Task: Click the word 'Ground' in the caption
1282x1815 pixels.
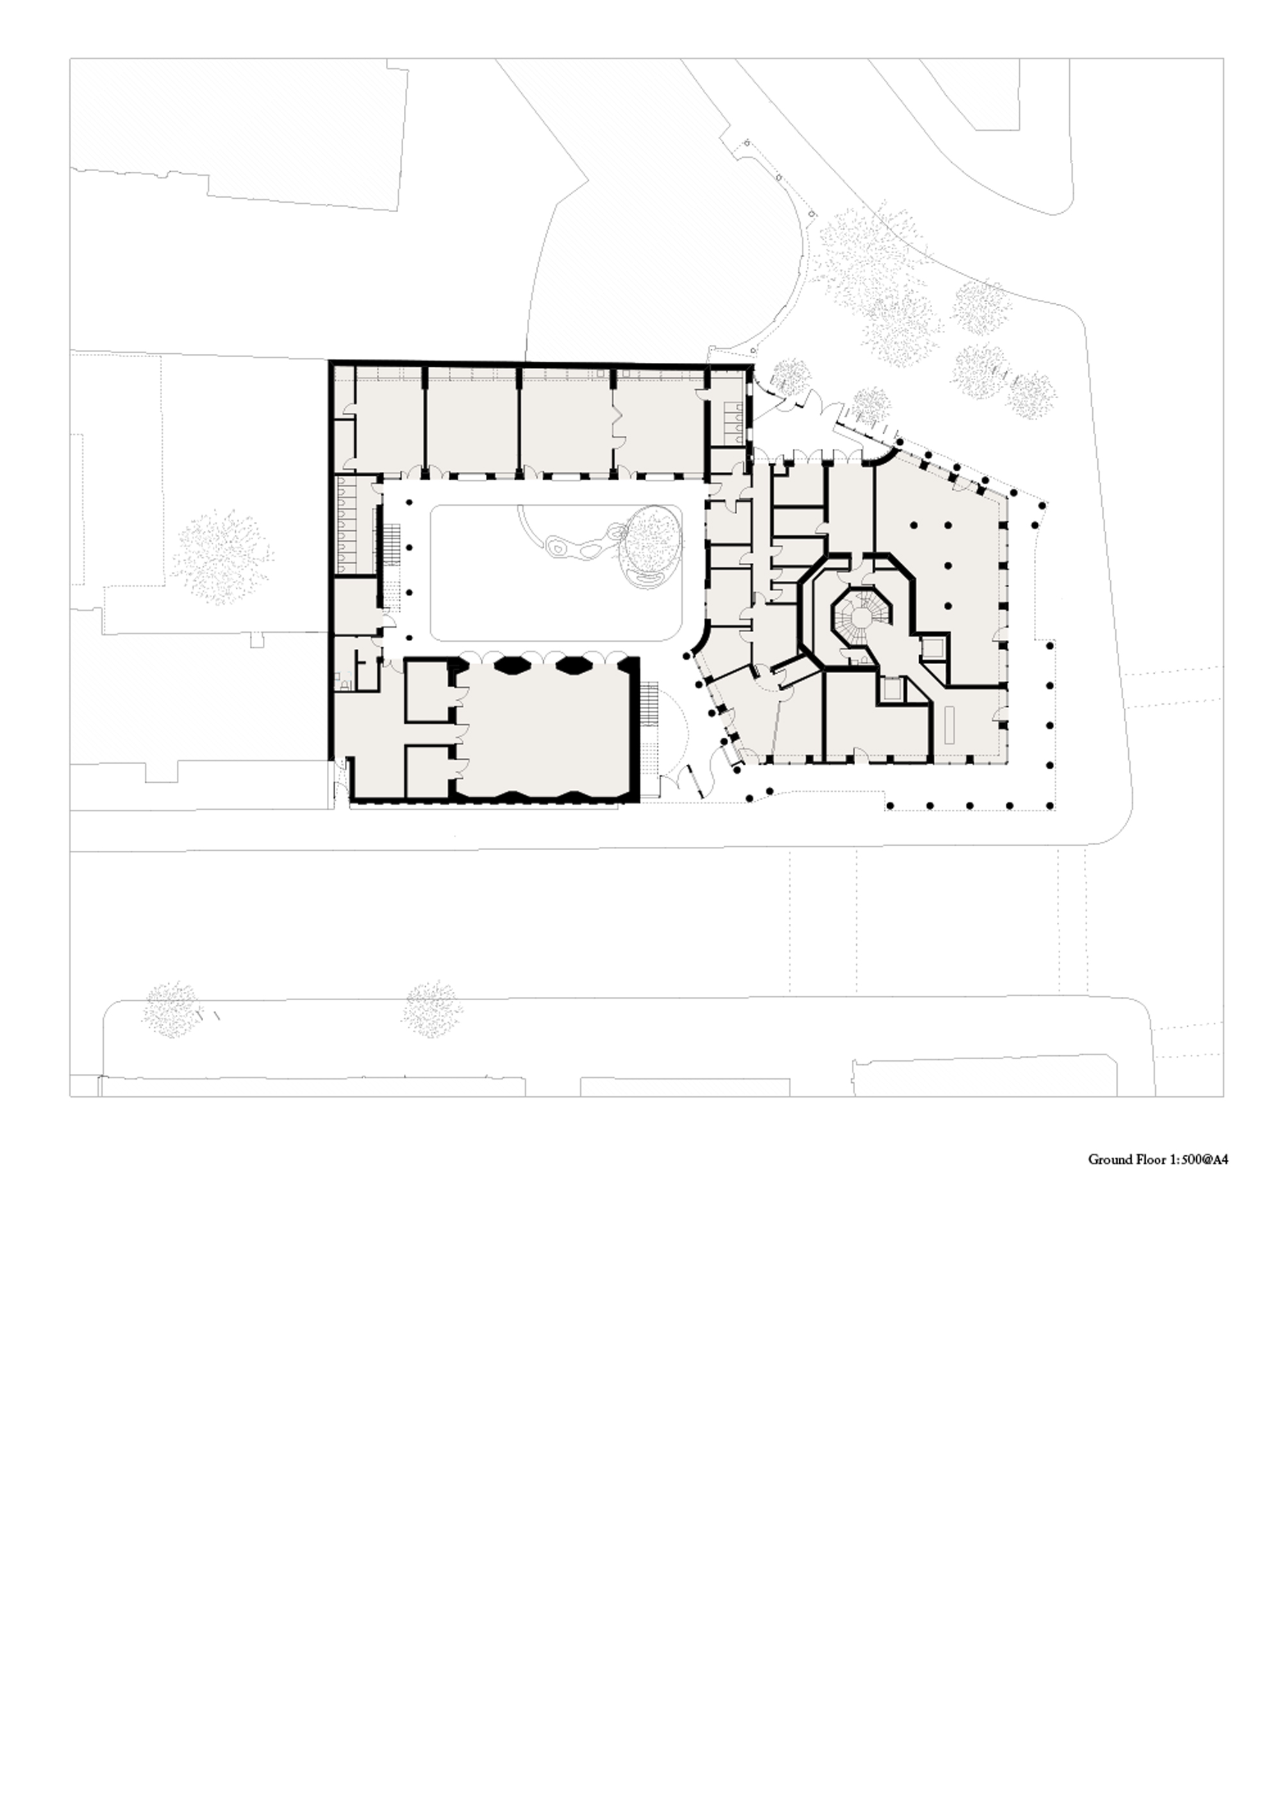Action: click(1106, 1160)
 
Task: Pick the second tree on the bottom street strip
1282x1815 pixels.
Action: click(431, 1008)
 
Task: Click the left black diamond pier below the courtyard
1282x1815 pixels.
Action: click(513, 665)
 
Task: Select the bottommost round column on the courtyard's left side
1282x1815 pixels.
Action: click(410, 637)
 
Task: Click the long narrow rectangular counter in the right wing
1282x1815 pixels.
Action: click(950, 725)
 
